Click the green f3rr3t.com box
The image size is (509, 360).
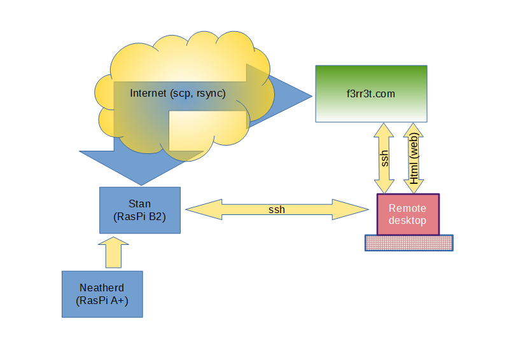point(372,94)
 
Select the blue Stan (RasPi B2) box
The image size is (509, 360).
point(140,210)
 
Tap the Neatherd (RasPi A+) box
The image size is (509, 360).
point(102,294)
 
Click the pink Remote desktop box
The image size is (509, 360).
point(408,214)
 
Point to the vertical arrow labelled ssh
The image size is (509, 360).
point(385,158)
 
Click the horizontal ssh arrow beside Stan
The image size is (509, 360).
point(276,210)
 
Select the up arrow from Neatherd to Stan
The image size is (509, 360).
point(113,253)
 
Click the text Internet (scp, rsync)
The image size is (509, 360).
point(178,93)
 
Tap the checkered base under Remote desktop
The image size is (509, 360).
point(408,242)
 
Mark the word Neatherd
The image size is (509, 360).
point(102,288)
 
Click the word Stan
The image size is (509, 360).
point(140,204)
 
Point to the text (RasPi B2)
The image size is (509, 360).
point(140,216)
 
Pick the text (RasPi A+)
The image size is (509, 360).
point(102,301)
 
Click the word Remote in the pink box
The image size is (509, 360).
point(408,208)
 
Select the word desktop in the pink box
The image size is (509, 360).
point(408,220)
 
